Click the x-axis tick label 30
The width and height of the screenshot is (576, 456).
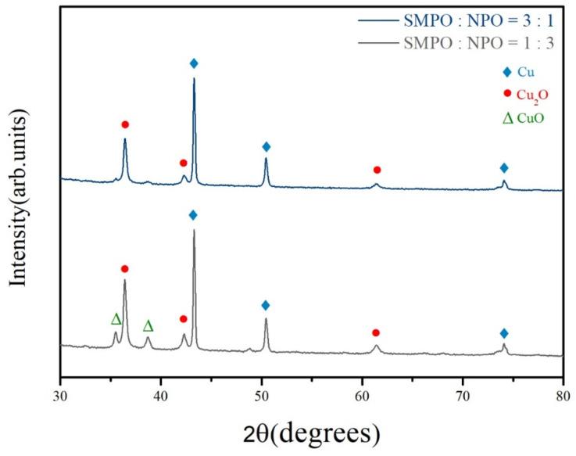click(x=59, y=391)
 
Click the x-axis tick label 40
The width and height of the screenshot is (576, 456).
click(x=160, y=391)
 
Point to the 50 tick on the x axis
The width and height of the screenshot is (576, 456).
click(x=261, y=391)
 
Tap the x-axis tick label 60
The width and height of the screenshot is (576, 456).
click(x=362, y=391)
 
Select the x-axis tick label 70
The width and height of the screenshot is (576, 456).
click(x=463, y=391)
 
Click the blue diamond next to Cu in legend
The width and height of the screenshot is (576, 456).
click(x=507, y=73)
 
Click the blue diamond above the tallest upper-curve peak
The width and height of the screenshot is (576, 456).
click(x=194, y=63)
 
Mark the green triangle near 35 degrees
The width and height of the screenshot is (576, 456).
click(x=116, y=319)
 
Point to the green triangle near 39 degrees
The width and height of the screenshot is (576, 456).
click(x=148, y=326)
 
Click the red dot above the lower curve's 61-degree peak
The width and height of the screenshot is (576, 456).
click(x=376, y=332)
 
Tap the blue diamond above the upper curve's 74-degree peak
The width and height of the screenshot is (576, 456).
click(x=504, y=168)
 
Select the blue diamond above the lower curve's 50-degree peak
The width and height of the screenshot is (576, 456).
click(x=266, y=305)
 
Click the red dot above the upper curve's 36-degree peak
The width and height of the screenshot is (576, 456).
click(x=124, y=124)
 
